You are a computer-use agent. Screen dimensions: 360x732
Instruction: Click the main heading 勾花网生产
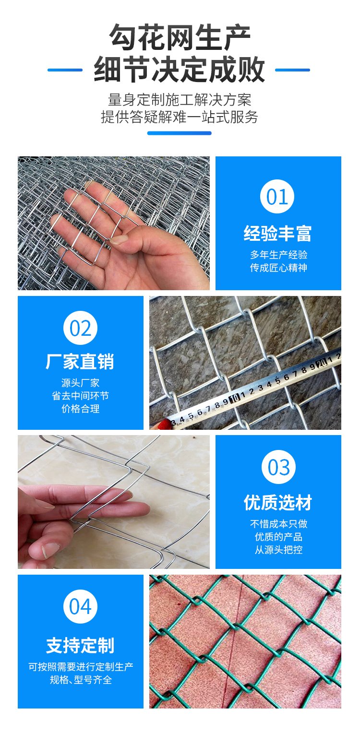pyautogui.click(x=180, y=37)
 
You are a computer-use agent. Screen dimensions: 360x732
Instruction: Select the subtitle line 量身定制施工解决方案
pyautogui.click(x=180, y=100)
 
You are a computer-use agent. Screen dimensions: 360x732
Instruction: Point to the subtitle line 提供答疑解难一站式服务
pyautogui.click(x=180, y=117)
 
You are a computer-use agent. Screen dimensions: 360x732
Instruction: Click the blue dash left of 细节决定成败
pyautogui.click(x=65, y=70)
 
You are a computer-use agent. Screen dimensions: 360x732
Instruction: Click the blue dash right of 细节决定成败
pyautogui.click(x=292, y=70)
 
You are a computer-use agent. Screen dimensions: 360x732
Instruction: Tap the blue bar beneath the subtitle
pyautogui.click(x=180, y=133)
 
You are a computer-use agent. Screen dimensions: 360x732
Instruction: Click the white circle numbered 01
pyautogui.click(x=277, y=196)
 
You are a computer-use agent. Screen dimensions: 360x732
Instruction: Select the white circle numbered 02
pyautogui.click(x=81, y=328)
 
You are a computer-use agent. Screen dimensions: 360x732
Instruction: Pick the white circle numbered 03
pyautogui.click(x=278, y=467)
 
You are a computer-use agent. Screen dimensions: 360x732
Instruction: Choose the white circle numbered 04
pyautogui.click(x=81, y=606)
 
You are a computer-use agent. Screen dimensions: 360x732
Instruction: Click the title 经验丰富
pyautogui.click(x=277, y=234)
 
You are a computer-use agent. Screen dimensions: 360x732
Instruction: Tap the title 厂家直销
pyautogui.click(x=80, y=362)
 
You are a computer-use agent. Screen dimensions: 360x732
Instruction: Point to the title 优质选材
pyautogui.click(x=278, y=503)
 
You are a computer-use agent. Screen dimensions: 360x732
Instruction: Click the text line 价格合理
pyautogui.click(x=81, y=409)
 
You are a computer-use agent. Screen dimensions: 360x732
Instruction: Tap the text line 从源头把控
pyautogui.click(x=278, y=550)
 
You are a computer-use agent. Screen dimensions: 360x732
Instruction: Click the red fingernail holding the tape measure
pyautogui.click(x=165, y=425)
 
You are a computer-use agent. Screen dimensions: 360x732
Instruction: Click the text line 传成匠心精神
pyautogui.click(x=278, y=268)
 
